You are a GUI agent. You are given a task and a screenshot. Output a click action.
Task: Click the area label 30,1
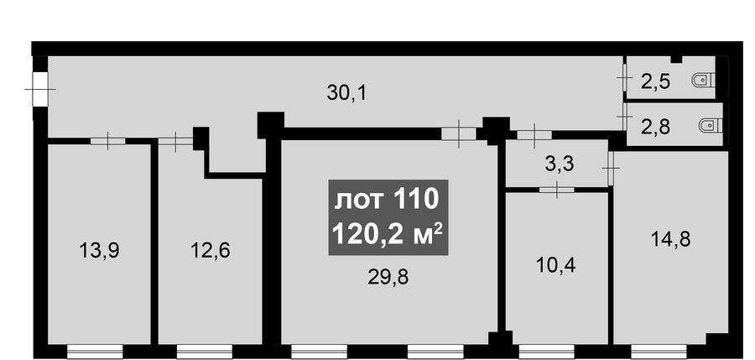[x=346, y=92]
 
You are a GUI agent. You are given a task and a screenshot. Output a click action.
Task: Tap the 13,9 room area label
[x=99, y=251]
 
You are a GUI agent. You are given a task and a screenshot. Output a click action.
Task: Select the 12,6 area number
[x=210, y=251]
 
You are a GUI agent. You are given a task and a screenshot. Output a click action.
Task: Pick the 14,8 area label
[x=670, y=238]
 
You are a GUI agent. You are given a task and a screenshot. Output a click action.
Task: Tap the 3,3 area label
[x=560, y=164]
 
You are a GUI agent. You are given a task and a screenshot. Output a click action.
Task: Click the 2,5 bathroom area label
[x=655, y=81]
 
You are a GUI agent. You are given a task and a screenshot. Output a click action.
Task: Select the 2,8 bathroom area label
[x=656, y=128]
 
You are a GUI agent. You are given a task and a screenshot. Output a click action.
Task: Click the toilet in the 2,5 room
[x=704, y=80]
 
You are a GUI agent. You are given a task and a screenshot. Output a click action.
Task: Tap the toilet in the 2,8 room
[x=711, y=126]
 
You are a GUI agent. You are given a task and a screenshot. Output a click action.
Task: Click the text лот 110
[x=387, y=200]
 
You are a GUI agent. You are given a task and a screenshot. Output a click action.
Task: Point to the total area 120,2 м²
[x=388, y=235]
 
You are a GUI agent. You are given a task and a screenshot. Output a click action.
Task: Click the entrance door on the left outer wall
[x=40, y=89]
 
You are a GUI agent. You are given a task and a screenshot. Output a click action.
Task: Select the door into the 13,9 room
[x=108, y=141]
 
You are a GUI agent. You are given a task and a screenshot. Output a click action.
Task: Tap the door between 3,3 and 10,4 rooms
[x=557, y=190]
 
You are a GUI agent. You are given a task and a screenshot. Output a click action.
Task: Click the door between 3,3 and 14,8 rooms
[x=611, y=168]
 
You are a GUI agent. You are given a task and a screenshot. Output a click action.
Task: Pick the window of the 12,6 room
[x=205, y=352]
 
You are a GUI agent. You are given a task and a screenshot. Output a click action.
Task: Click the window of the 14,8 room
[x=659, y=352]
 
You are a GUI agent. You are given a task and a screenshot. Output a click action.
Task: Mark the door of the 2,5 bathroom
[x=624, y=78]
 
